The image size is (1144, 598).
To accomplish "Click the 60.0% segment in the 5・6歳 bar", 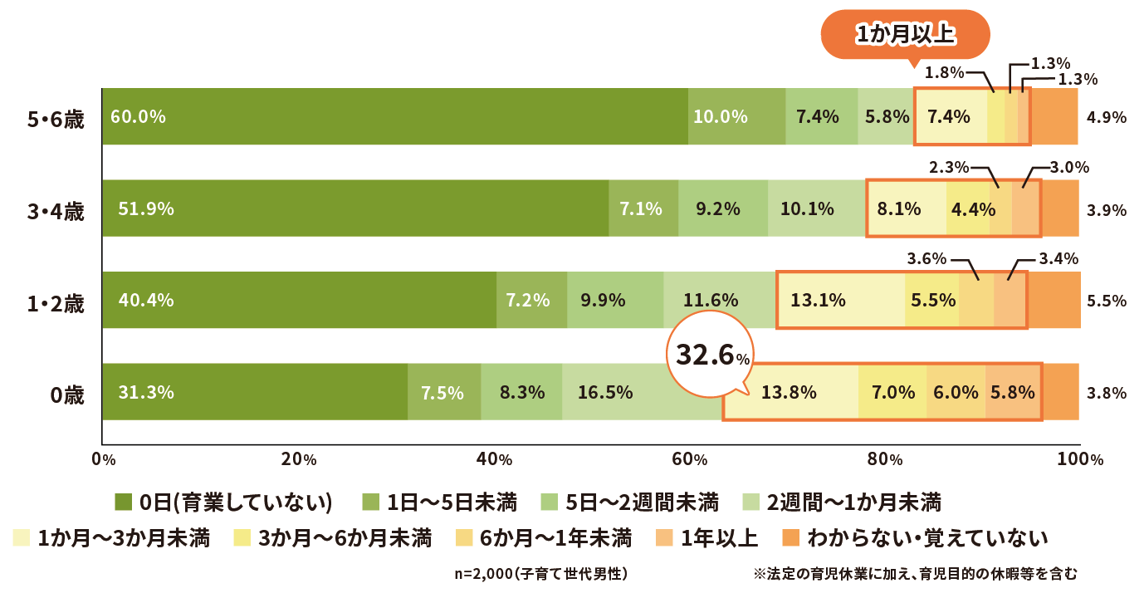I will (x=394, y=116).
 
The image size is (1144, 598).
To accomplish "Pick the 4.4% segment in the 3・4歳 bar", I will (x=968, y=208).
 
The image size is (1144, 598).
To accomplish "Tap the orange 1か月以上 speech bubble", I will (x=906, y=35).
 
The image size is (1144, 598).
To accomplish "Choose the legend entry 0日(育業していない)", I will (x=224, y=502).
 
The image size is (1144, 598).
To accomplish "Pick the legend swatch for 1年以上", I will (x=664, y=538).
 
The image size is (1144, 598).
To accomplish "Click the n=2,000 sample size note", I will (x=540, y=573).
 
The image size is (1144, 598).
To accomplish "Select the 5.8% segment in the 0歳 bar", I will (x=1013, y=392).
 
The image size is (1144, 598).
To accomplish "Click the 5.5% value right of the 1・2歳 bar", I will (x=1107, y=301).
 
